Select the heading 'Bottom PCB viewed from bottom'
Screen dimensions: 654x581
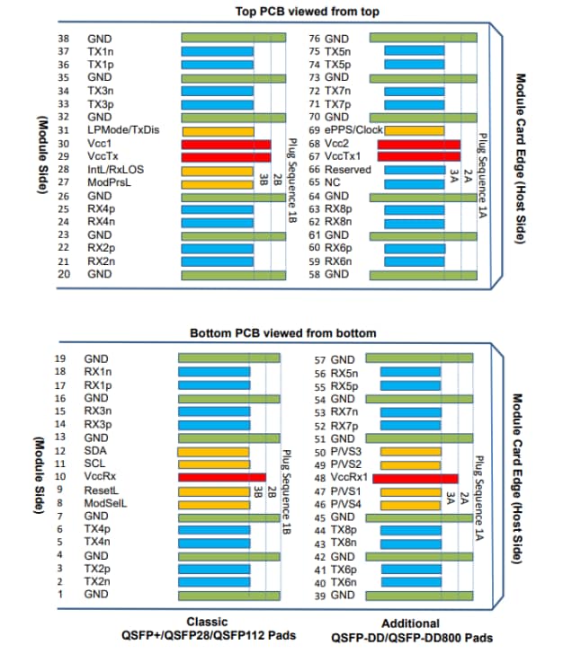tap(284, 333)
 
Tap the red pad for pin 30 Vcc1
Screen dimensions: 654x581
tap(226, 144)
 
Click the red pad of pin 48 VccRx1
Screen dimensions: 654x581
tap(415, 479)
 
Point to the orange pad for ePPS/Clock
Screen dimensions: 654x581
tap(415, 130)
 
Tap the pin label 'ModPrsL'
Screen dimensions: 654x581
tap(109, 182)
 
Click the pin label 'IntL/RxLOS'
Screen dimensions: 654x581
tap(115, 169)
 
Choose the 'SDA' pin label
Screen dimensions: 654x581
tap(96, 450)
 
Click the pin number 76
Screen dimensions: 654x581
tap(315, 39)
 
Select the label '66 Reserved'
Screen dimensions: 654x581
tap(340, 169)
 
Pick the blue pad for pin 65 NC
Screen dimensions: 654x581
tap(415, 182)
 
